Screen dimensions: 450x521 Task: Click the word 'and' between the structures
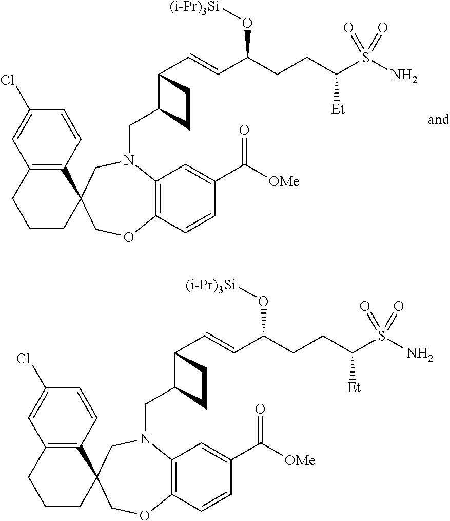[x=439, y=120]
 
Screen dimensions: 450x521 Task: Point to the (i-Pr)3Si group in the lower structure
[x=210, y=285]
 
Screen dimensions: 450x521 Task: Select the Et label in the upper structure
[x=339, y=109]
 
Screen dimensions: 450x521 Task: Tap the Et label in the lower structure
[x=354, y=386]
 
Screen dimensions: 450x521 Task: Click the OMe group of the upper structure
[x=283, y=181]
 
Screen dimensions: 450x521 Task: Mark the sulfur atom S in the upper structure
[x=366, y=58]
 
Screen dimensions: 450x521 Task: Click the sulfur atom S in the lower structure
[x=382, y=335]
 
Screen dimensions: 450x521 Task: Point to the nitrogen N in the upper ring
[x=128, y=162]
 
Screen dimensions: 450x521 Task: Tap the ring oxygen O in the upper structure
[x=129, y=237]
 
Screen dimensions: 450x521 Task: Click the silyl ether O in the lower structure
[x=263, y=300]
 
